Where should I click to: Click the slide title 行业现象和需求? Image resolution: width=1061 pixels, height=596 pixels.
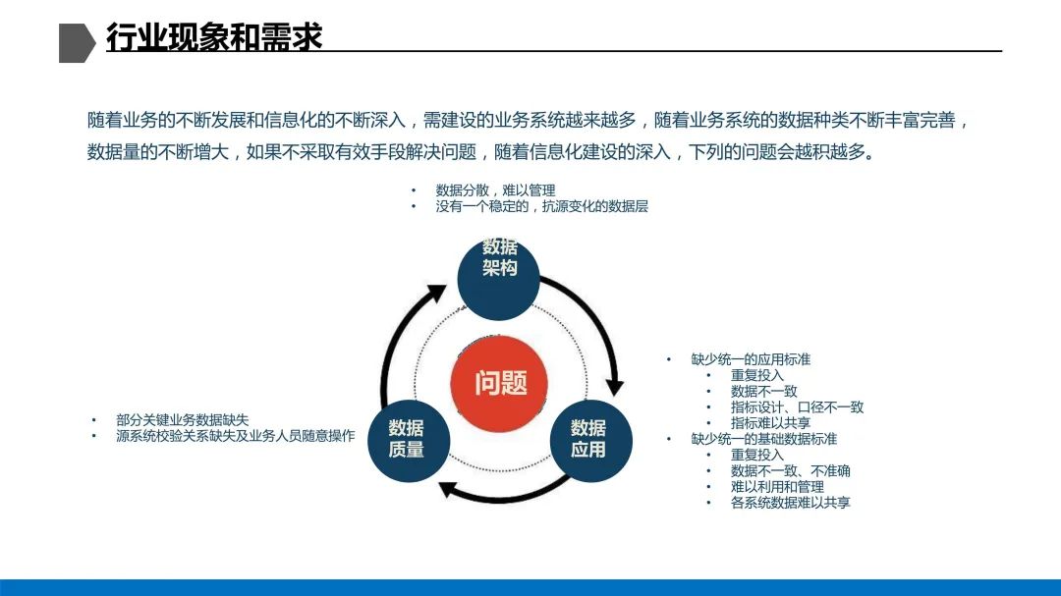click(x=214, y=37)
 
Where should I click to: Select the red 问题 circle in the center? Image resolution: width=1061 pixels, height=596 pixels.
click(x=501, y=382)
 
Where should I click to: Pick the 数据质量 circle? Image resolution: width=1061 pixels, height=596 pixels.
click(x=406, y=440)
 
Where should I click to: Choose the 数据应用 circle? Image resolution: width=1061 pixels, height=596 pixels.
click(x=588, y=440)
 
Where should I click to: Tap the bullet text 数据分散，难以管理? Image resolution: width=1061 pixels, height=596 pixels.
click(x=495, y=190)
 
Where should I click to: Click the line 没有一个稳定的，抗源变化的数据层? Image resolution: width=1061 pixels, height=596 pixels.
click(x=541, y=207)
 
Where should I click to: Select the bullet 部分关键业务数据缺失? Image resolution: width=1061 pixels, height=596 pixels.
click(x=183, y=420)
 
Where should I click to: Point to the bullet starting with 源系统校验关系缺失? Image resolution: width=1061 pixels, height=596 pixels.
click(x=235, y=436)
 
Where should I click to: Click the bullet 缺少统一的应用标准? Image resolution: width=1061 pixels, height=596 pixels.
click(x=751, y=359)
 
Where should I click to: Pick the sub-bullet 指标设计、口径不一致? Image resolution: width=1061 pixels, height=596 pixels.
click(x=797, y=407)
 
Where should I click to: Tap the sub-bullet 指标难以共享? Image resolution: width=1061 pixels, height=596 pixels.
click(x=770, y=423)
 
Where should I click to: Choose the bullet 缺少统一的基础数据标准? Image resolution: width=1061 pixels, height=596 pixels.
click(x=764, y=439)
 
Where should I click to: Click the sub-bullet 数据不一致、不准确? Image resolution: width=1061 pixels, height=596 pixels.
click(x=790, y=471)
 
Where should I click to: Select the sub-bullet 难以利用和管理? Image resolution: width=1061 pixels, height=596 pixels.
click(x=777, y=487)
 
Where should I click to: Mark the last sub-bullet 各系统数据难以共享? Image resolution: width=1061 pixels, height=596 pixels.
click(x=790, y=503)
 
